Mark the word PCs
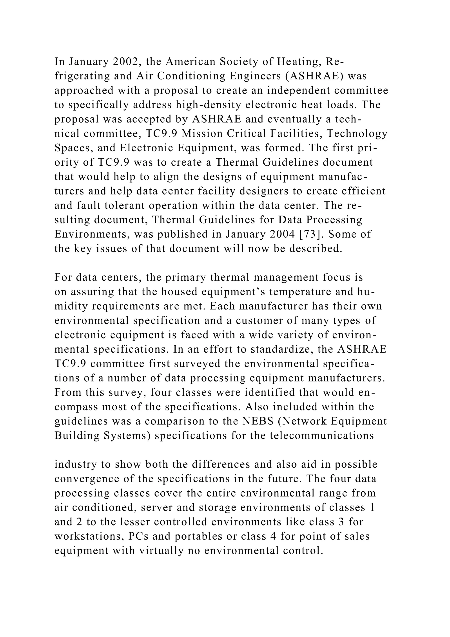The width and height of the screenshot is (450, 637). click(x=138, y=536)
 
